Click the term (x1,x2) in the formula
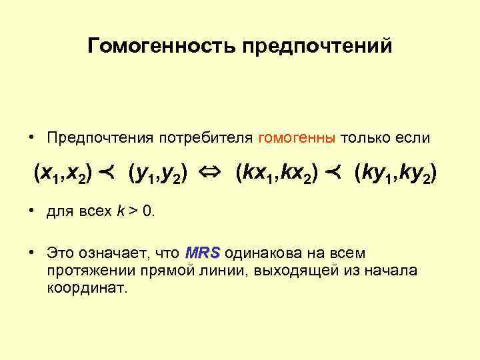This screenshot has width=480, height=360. tap(63, 175)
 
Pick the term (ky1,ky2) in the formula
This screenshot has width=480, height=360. tap(397, 175)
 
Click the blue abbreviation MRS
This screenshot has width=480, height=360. tap(203, 253)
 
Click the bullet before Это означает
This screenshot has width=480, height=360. tap(32, 253)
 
